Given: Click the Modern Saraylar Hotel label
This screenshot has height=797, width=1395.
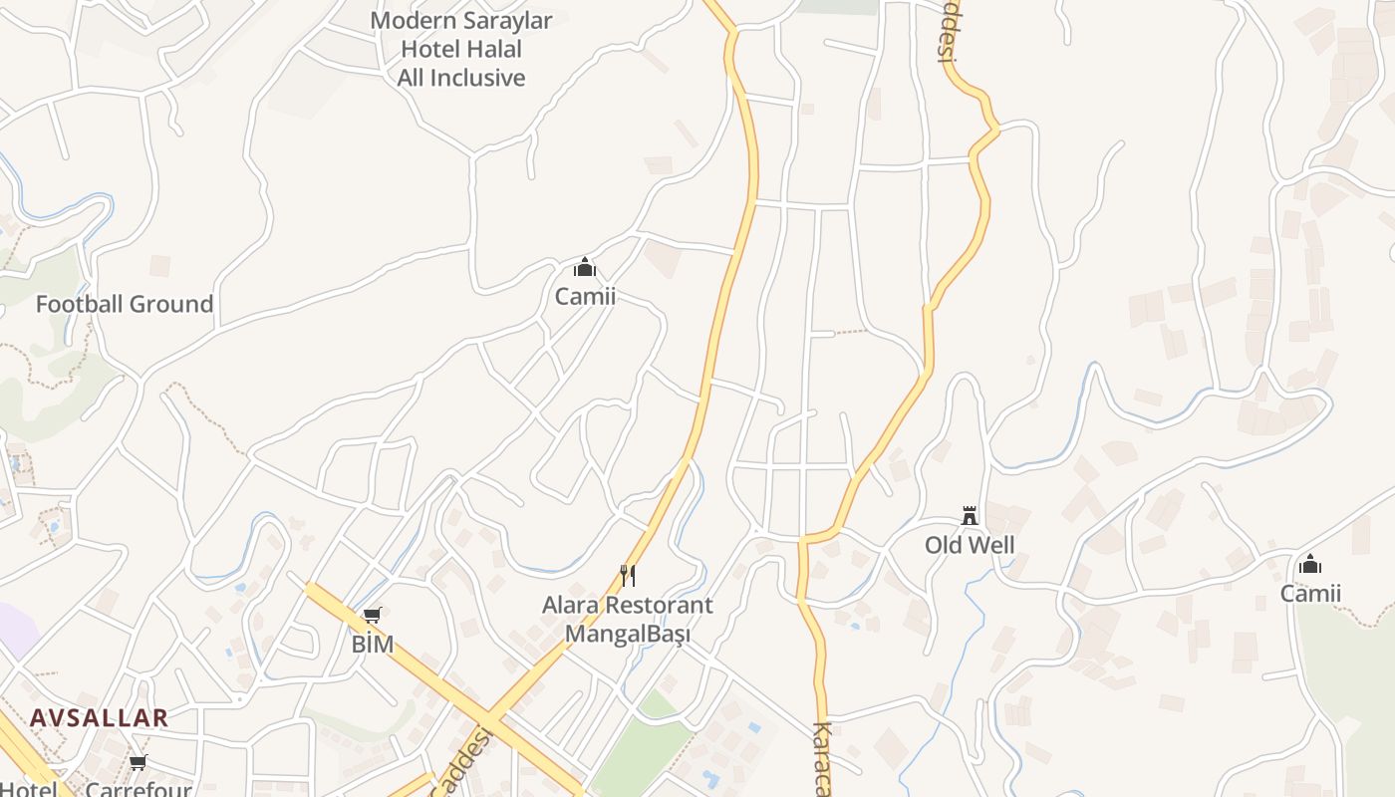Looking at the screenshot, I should (x=461, y=49).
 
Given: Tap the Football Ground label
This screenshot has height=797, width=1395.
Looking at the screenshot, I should (x=125, y=304).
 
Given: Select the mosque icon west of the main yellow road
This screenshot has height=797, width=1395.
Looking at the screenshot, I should (x=585, y=267).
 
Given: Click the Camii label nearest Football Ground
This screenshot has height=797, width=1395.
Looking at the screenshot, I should (x=585, y=296).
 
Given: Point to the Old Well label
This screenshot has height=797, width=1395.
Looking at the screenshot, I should (x=970, y=545).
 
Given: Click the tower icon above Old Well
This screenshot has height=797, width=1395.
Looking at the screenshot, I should (x=970, y=515).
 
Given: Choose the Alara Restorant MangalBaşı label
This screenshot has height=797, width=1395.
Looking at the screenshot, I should (x=627, y=619).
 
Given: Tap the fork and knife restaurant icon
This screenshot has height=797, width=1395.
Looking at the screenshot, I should (x=628, y=575).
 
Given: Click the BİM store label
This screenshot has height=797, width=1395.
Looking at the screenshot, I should (x=373, y=645).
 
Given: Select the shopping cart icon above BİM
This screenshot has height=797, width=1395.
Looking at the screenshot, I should (x=373, y=616).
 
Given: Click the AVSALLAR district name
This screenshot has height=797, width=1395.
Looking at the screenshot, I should (x=99, y=717).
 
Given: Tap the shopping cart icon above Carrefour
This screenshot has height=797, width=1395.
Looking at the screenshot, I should (x=139, y=762).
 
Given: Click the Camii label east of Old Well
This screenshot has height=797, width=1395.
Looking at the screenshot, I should (x=1310, y=594).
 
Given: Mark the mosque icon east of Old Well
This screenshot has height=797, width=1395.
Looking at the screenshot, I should (x=1310, y=565).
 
